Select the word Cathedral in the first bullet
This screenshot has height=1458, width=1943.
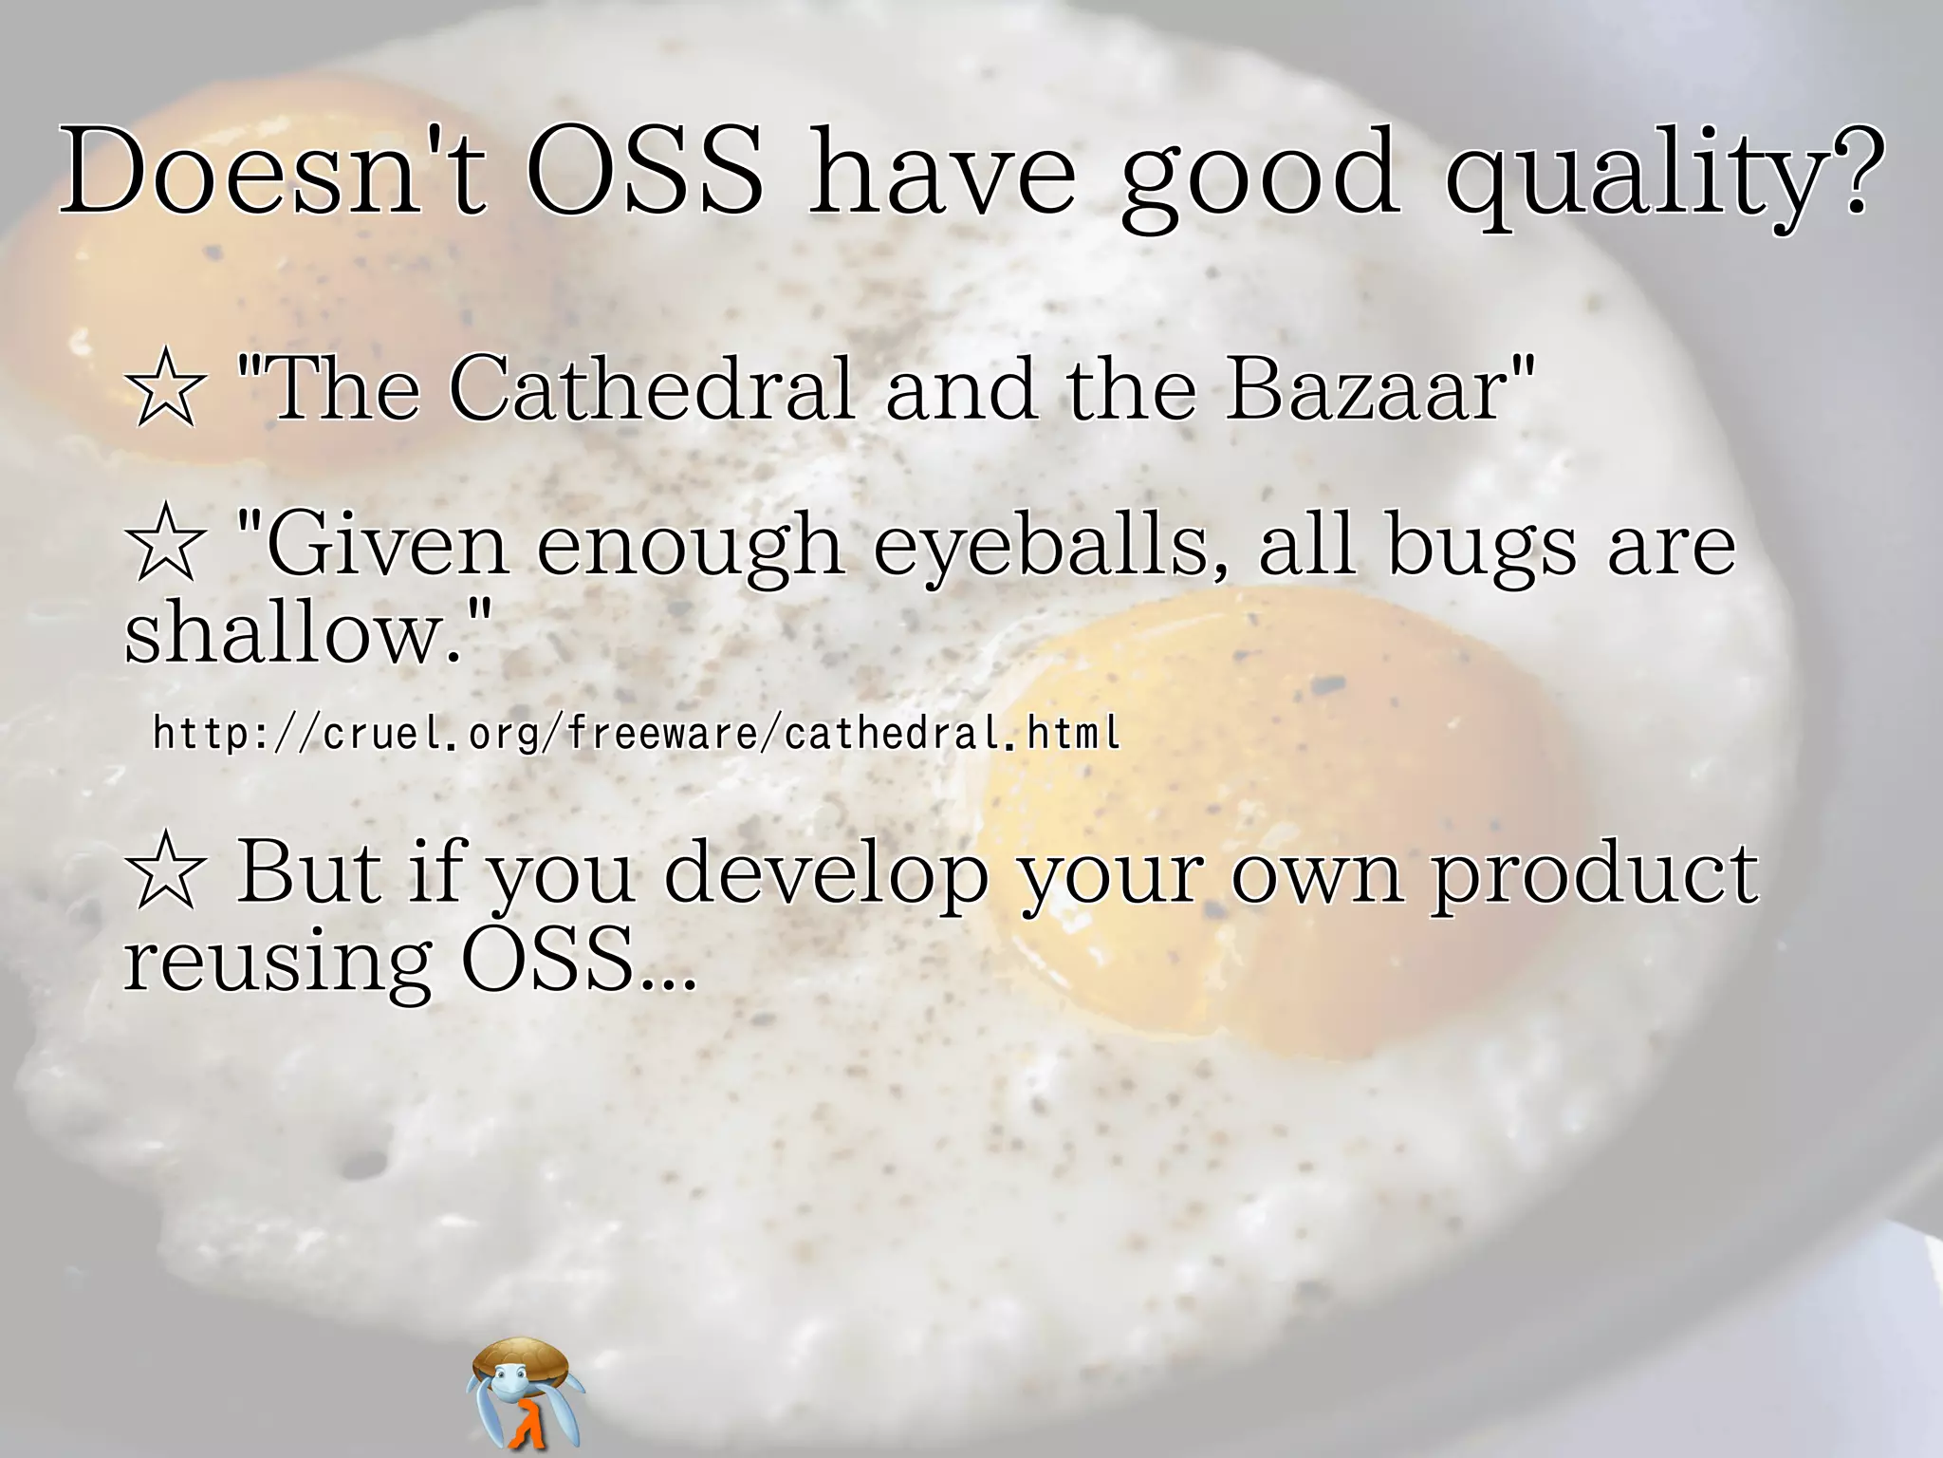pos(652,388)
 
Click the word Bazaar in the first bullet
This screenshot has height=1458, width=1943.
pos(1367,388)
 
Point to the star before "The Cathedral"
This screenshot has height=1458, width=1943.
pos(165,390)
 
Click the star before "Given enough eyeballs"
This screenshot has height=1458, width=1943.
pos(165,546)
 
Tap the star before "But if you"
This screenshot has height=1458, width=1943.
pos(165,873)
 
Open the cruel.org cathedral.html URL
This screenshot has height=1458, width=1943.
pos(636,733)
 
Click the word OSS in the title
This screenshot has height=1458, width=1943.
pos(645,173)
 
